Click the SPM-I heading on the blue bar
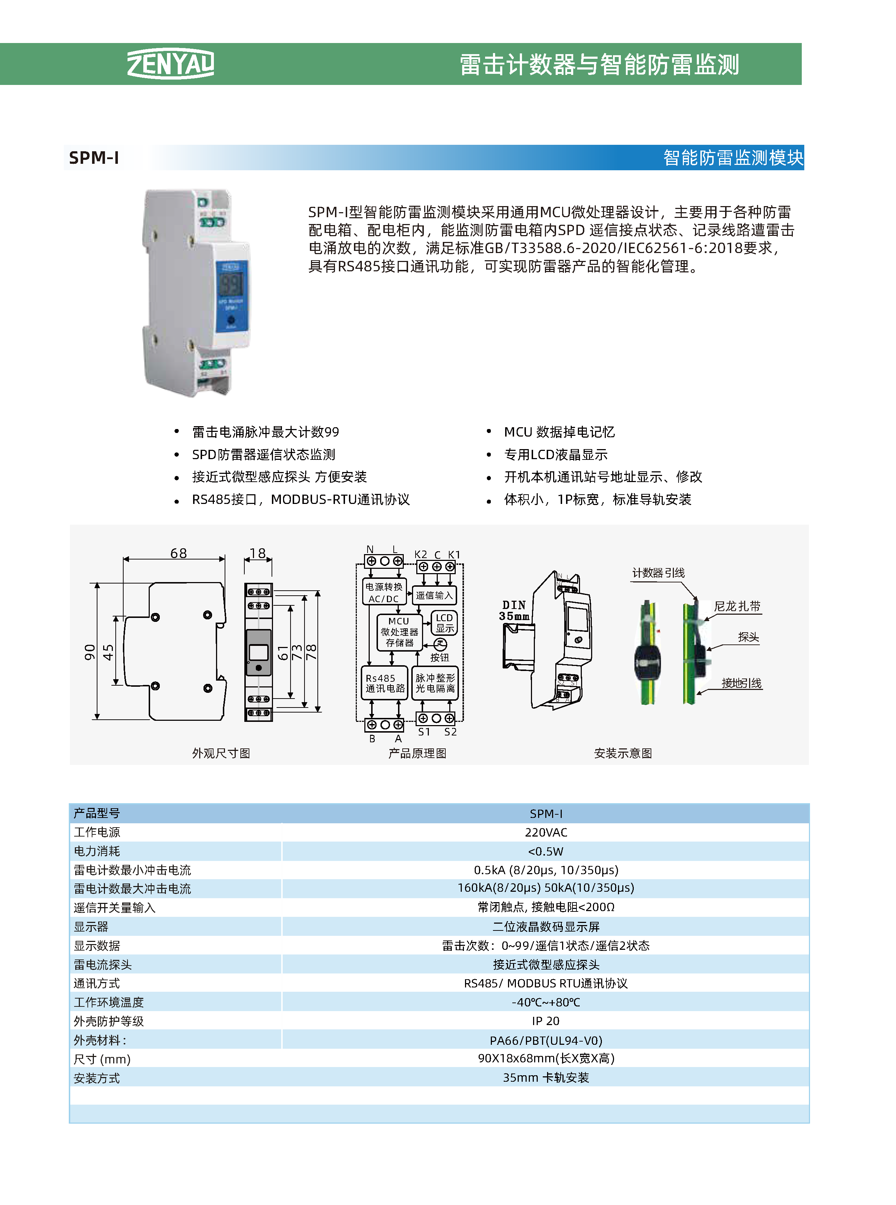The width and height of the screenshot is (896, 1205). pyautogui.click(x=94, y=158)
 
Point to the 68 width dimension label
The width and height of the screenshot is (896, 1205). pyautogui.click(x=178, y=553)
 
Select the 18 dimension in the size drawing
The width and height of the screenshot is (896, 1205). pyautogui.click(x=258, y=553)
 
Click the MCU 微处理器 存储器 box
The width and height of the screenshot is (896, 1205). pyautogui.click(x=399, y=632)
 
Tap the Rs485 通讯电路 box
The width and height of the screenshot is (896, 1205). pyautogui.click(x=384, y=683)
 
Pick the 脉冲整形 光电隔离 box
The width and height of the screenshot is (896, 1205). pyautogui.click(x=435, y=683)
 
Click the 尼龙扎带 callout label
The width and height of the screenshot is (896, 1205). pyautogui.click(x=737, y=606)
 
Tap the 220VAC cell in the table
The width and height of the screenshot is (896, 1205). pyautogui.click(x=546, y=832)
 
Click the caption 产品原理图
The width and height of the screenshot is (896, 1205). pyautogui.click(x=417, y=753)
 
